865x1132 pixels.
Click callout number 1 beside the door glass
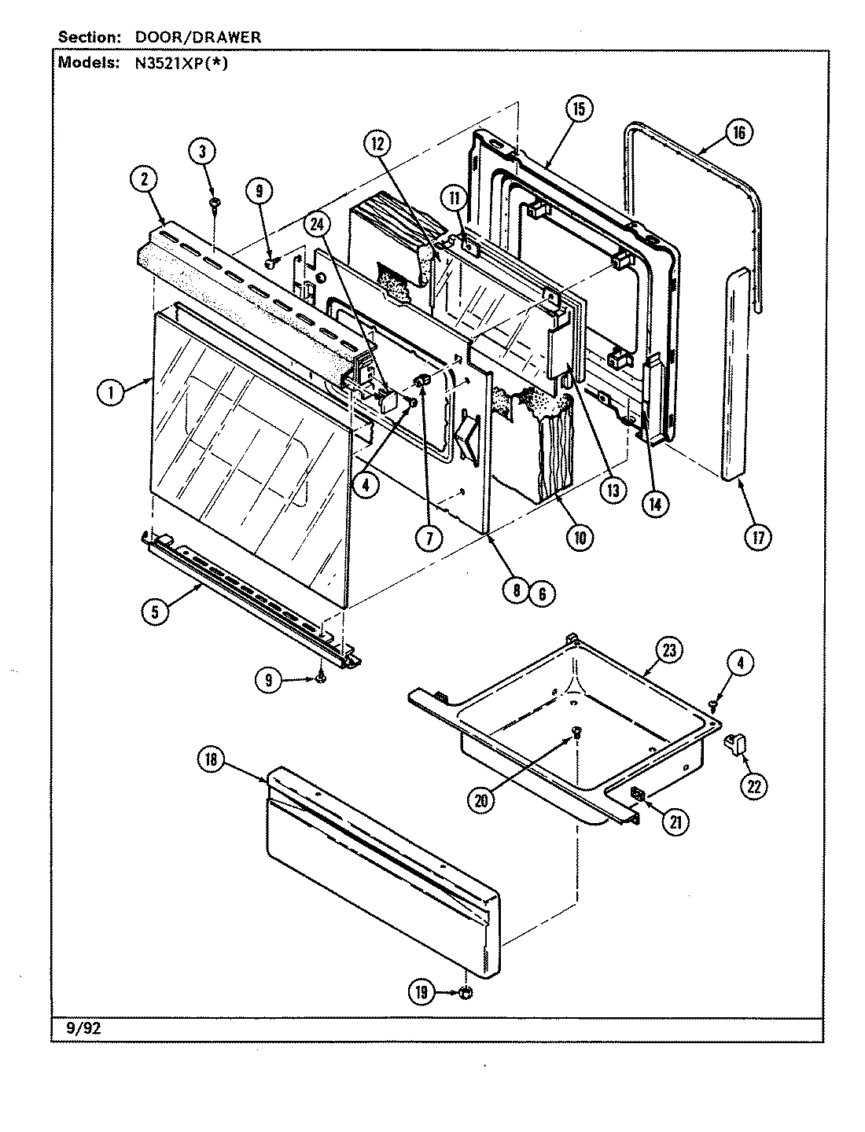(x=111, y=392)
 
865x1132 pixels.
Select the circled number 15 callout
(x=578, y=109)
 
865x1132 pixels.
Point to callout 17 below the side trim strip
(x=758, y=536)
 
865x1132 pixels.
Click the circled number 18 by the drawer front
(x=212, y=760)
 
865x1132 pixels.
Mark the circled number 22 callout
(x=753, y=787)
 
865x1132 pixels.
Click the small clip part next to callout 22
(x=735, y=742)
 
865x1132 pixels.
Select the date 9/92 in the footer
(x=73, y=1026)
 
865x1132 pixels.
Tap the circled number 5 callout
(x=156, y=612)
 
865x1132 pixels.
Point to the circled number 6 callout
(x=542, y=594)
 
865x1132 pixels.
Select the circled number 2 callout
(x=143, y=179)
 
